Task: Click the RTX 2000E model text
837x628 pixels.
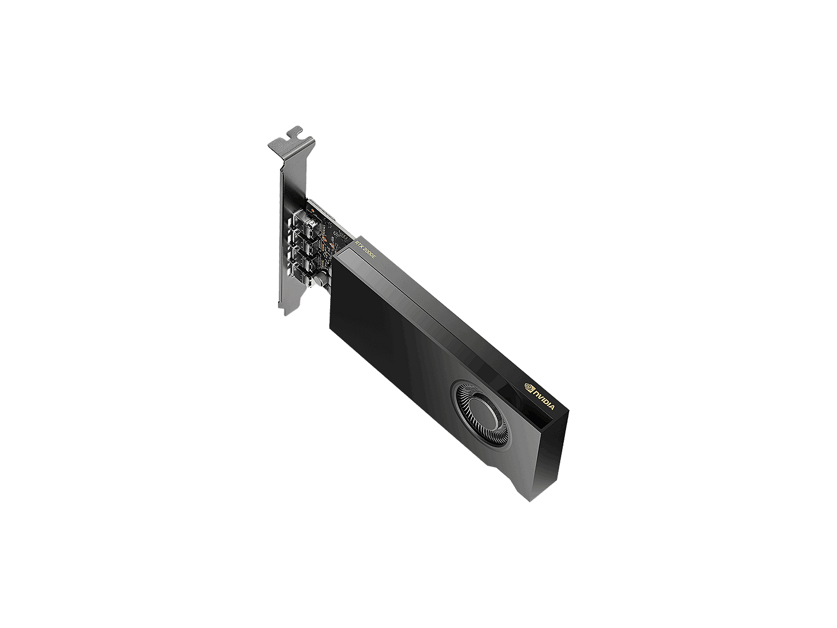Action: (365, 250)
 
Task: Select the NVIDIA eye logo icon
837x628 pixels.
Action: (529, 387)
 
